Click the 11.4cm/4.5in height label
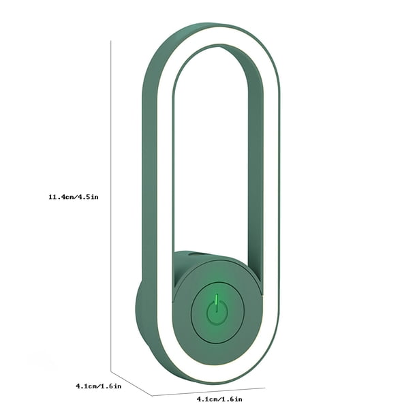pyautogui.click(x=74, y=197)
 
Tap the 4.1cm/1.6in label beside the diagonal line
pyautogui.click(x=99, y=386)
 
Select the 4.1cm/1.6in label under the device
pyautogui.click(x=219, y=399)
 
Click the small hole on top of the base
pyautogui.click(x=194, y=254)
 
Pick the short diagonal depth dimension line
pyautogui.click(x=132, y=384)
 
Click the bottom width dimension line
pyautogui.click(x=208, y=392)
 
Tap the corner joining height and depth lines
pyautogui.click(x=111, y=371)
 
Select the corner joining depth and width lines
pyautogui.click(x=152, y=396)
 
